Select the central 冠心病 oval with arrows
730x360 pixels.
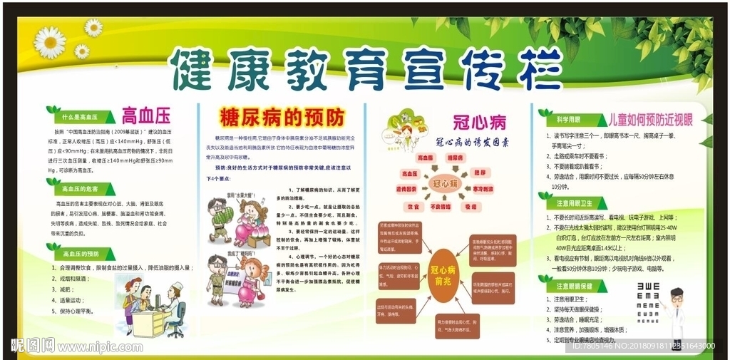pyautogui.click(x=445, y=183)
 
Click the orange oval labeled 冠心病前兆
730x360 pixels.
pyautogui.click(x=444, y=275)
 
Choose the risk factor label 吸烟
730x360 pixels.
pyautogui.click(x=471, y=207)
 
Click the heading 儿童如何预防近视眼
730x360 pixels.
pyautogui.click(x=646, y=118)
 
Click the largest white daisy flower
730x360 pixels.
pyautogui.click(x=50, y=42)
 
